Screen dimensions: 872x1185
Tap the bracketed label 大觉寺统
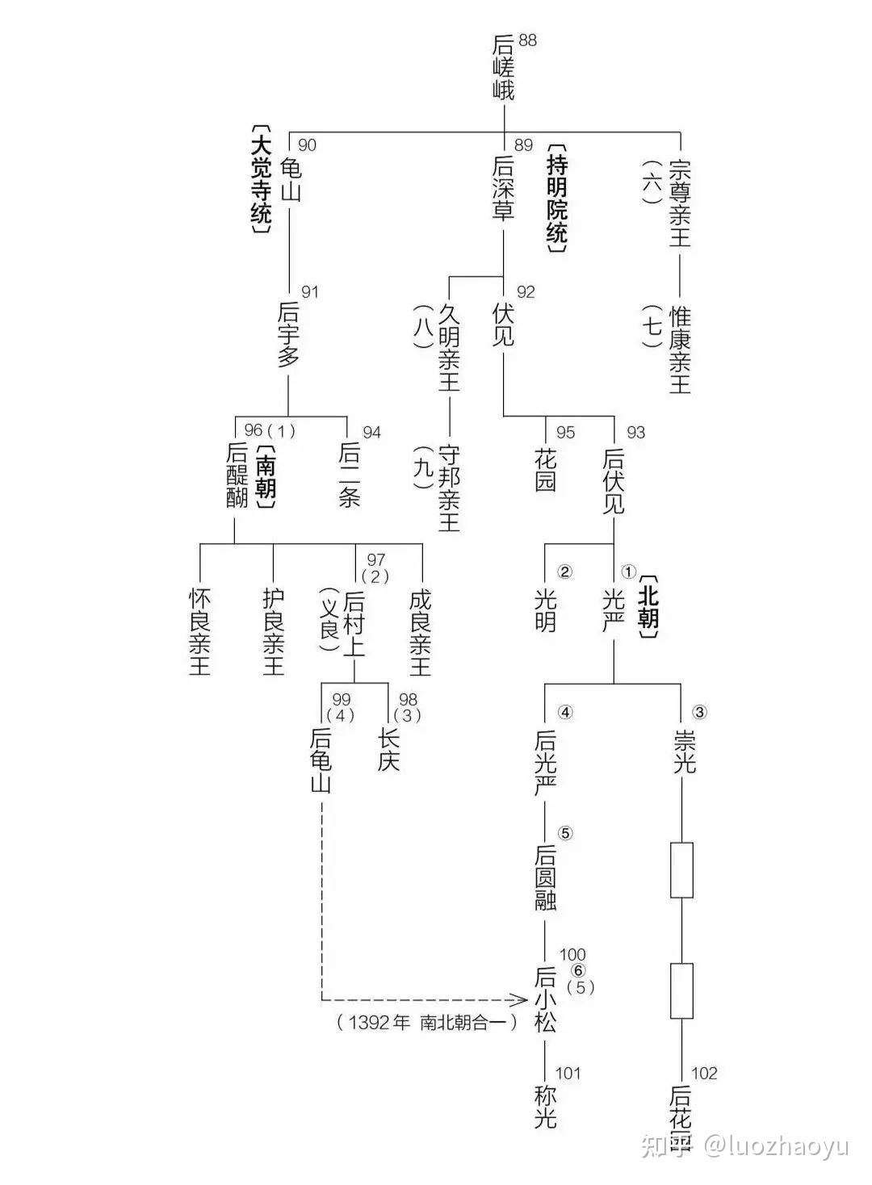pyautogui.click(x=261, y=179)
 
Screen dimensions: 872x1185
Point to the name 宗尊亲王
pyautogui.click(x=681, y=202)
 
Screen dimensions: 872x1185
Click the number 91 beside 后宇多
pyautogui.click(x=310, y=291)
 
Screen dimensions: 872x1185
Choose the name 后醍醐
pyautogui.click(x=237, y=475)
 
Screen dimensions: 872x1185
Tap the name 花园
pyautogui.click(x=546, y=469)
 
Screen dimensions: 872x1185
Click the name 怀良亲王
pyautogui.click(x=199, y=632)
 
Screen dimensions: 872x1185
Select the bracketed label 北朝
pyautogui.click(x=648, y=607)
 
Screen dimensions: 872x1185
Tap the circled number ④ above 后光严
pyautogui.click(x=565, y=712)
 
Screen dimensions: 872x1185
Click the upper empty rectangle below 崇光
pyautogui.click(x=682, y=870)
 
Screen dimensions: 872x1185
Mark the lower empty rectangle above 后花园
pyautogui.click(x=682, y=990)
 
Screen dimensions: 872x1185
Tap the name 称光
pyautogui.click(x=546, y=1107)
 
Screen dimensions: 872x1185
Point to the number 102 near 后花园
pyautogui.click(x=704, y=1073)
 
